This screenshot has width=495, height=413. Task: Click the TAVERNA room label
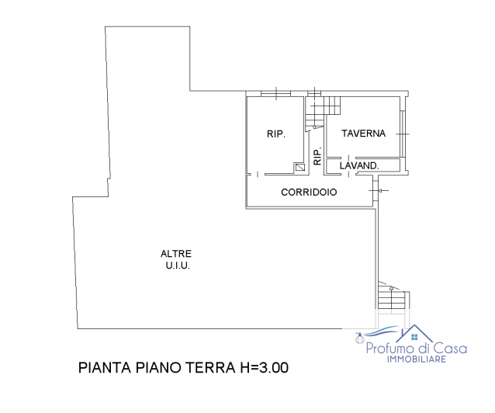(363, 134)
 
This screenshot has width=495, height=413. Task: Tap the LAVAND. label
(359, 165)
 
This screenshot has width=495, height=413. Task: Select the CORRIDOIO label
(309, 192)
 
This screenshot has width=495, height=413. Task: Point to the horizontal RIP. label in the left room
(276, 134)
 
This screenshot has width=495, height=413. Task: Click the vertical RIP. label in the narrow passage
(317, 156)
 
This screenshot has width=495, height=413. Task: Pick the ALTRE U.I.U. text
(176, 259)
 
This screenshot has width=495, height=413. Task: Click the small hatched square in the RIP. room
(299, 167)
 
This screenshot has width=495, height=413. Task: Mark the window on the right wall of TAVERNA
(403, 134)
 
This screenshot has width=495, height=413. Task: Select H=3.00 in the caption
(259, 368)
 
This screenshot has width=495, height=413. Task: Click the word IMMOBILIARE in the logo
(416, 360)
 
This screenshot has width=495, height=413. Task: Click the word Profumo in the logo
(390, 349)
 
